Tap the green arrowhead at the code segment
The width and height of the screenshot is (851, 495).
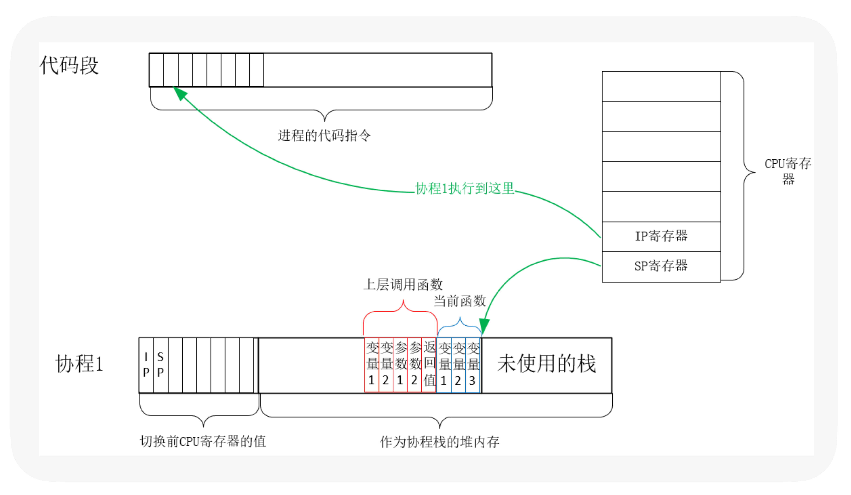tap(180, 93)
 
